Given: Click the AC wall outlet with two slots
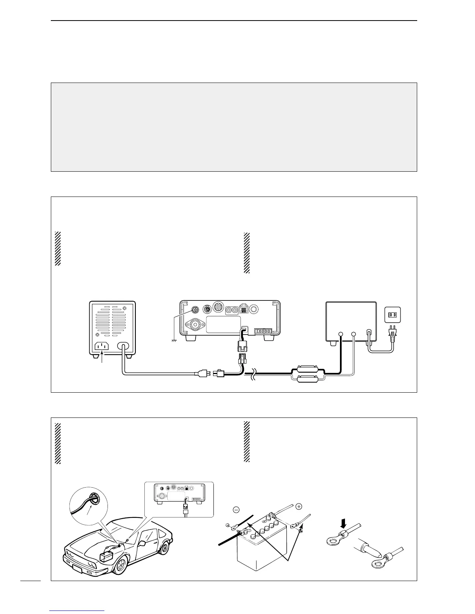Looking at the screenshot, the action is click(392, 314).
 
